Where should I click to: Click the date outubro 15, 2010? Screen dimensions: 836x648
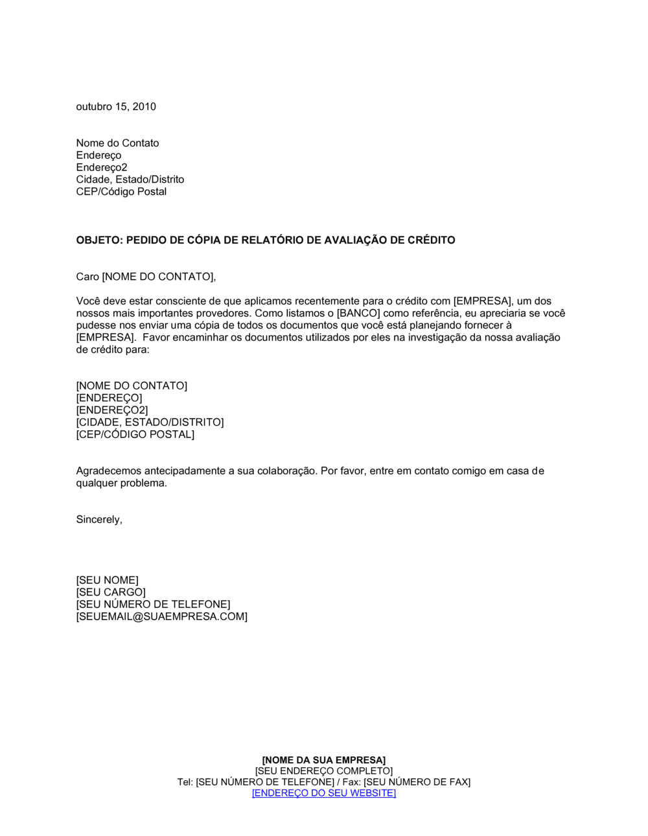click(x=116, y=107)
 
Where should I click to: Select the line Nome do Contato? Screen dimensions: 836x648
click(x=117, y=143)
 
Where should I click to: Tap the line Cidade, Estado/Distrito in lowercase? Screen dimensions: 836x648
click(x=130, y=180)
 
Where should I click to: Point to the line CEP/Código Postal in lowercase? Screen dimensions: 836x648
click(x=121, y=192)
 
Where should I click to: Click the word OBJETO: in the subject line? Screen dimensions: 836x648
click(x=99, y=240)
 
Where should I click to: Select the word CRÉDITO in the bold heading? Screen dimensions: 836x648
click(x=431, y=240)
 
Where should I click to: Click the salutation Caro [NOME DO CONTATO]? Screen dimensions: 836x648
click(x=146, y=277)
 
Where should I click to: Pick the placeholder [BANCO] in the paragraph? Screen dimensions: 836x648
click(x=358, y=313)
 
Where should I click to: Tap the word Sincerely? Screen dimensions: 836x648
click(x=98, y=520)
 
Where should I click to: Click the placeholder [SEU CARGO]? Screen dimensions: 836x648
click(x=111, y=592)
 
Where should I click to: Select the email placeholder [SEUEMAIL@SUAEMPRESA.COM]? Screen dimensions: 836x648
click(x=161, y=617)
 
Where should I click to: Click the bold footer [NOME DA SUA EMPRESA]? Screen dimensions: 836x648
click(x=323, y=760)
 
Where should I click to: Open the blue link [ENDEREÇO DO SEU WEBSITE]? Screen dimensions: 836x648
click(x=323, y=793)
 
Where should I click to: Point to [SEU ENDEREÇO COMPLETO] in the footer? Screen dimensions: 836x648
click(x=323, y=771)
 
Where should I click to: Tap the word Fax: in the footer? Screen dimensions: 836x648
click(x=351, y=782)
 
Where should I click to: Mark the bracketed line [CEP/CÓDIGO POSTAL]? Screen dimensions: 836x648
click(x=135, y=435)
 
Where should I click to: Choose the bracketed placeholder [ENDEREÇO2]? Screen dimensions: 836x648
click(x=111, y=410)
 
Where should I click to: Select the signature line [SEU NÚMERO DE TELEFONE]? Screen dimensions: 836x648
click(x=153, y=605)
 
